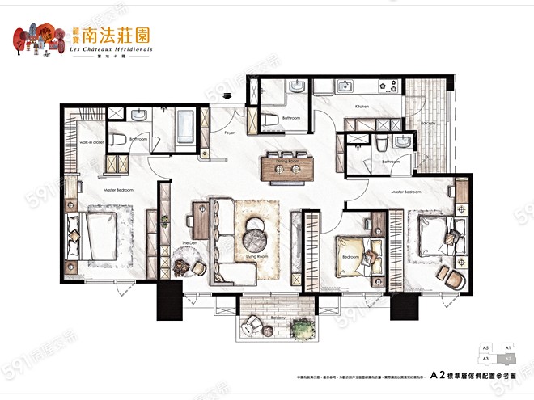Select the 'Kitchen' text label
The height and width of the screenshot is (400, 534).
(x=362, y=107)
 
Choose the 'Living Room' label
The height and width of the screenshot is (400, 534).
(x=256, y=258)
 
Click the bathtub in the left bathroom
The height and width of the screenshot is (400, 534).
(x=185, y=127)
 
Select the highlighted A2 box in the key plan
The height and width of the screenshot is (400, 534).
(x=507, y=356)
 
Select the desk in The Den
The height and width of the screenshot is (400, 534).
(x=199, y=221)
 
